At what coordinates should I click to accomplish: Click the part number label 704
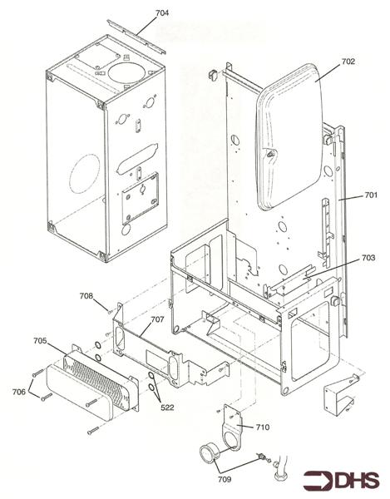point(162,13)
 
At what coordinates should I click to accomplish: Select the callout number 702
point(348,61)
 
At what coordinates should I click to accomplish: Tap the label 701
point(371,195)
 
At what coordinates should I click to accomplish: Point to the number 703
point(368,258)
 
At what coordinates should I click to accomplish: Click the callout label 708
point(86,296)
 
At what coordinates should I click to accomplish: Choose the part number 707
point(157,319)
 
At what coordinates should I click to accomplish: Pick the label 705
point(40,341)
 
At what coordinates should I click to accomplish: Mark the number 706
point(19,392)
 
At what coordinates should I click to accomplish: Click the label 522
point(167,408)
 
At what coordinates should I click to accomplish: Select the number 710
point(263,427)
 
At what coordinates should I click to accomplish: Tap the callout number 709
point(225,479)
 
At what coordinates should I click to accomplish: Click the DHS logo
point(341,480)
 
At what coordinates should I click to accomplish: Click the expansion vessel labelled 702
point(289,137)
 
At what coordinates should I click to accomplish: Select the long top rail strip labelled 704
point(136,37)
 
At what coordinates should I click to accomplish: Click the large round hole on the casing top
point(127,72)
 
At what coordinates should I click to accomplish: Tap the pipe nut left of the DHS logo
point(280,477)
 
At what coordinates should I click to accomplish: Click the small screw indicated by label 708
point(110,312)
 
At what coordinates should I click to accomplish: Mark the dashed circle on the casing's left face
point(84,174)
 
